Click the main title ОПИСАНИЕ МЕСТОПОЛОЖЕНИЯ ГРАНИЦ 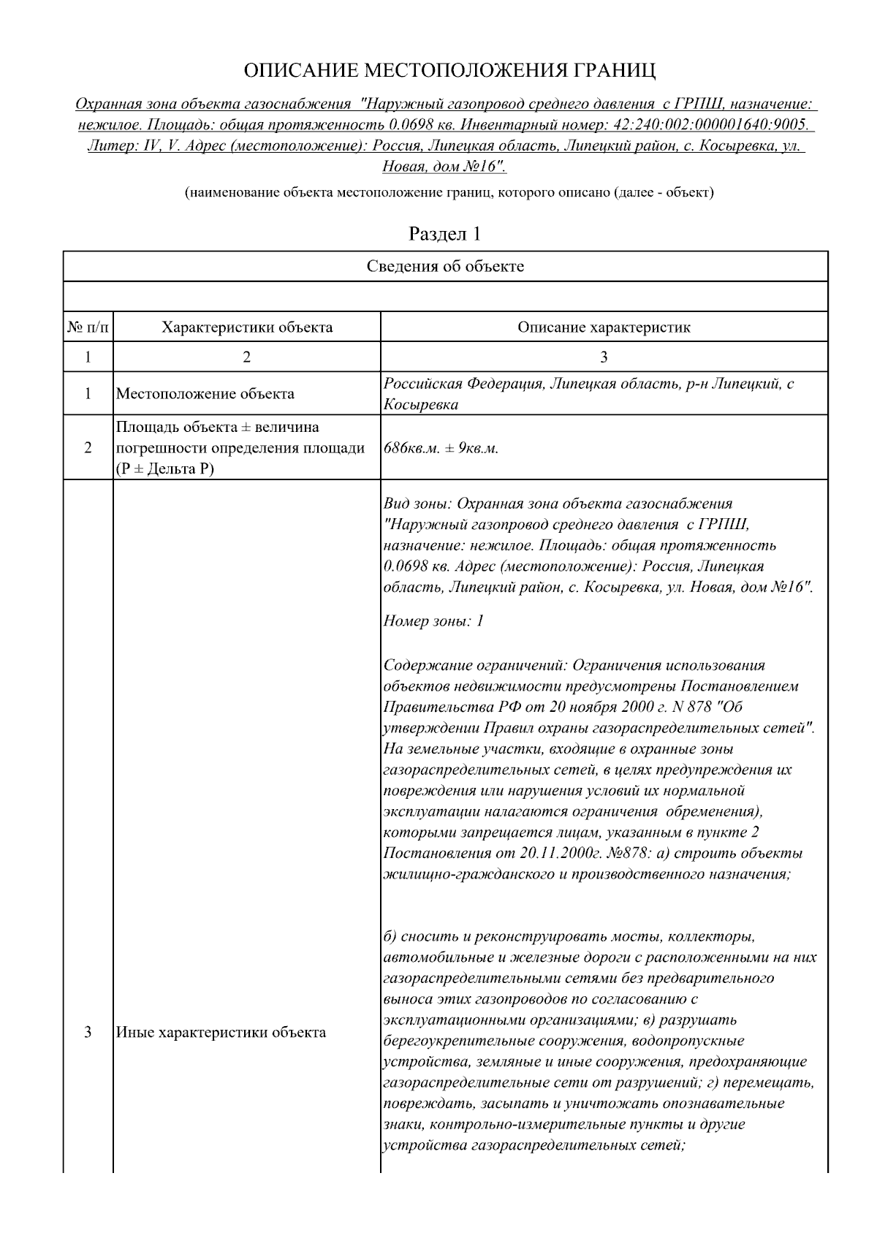(449, 71)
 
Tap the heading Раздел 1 (444, 234)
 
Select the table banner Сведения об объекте (445, 266)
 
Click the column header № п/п (88, 327)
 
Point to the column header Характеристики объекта (246, 327)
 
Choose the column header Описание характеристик (604, 327)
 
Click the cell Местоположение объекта (205, 394)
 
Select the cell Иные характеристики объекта (221, 1033)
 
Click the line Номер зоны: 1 (433, 622)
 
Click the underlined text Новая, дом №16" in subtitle (444, 167)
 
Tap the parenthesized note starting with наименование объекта (449, 193)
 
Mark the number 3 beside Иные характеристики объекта (88, 1033)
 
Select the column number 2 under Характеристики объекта (246, 357)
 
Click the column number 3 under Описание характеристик (604, 357)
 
